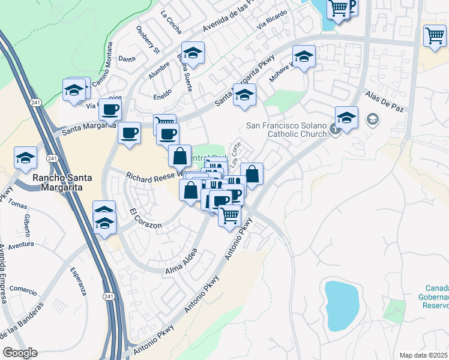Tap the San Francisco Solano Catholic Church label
click(287, 130)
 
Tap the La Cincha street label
click(170, 22)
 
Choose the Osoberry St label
click(146, 38)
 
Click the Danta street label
click(127, 59)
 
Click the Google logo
click(20, 353)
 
